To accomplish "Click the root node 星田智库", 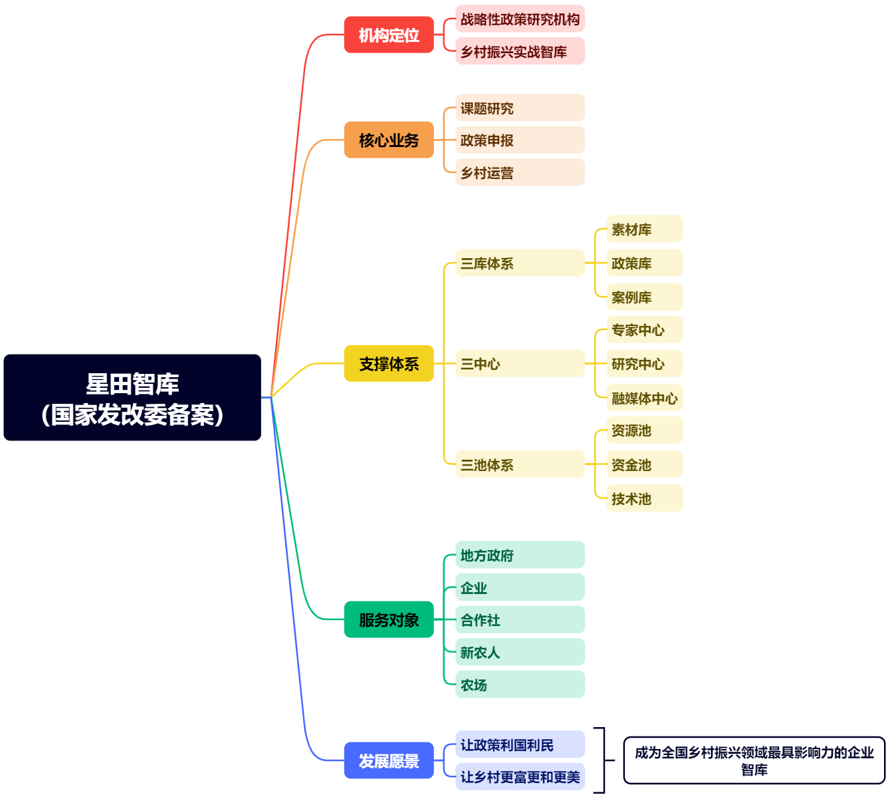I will tap(132, 398).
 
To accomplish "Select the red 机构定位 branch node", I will tap(389, 35).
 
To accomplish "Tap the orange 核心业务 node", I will tap(389, 140).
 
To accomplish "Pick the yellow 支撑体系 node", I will tap(389, 363).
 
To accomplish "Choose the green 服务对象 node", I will tap(389, 619).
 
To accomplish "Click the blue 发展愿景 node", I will tap(389, 760).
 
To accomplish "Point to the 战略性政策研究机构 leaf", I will tap(520, 19).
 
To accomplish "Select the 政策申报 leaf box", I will tap(520, 140).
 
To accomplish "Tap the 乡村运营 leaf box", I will tap(520, 172).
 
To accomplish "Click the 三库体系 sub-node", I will tap(520, 263).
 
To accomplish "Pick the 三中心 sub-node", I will tap(520, 364).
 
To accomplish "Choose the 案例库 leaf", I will tap(644, 297).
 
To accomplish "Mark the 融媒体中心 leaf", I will tap(644, 398).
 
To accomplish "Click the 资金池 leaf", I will tap(644, 464).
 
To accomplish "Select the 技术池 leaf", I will tap(644, 498).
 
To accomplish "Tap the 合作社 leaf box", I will tap(520, 619).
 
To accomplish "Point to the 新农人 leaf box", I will tap(520, 652).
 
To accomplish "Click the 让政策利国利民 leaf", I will tap(520, 744).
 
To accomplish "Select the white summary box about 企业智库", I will tap(754, 760).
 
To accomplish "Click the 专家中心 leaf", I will tap(644, 330).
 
